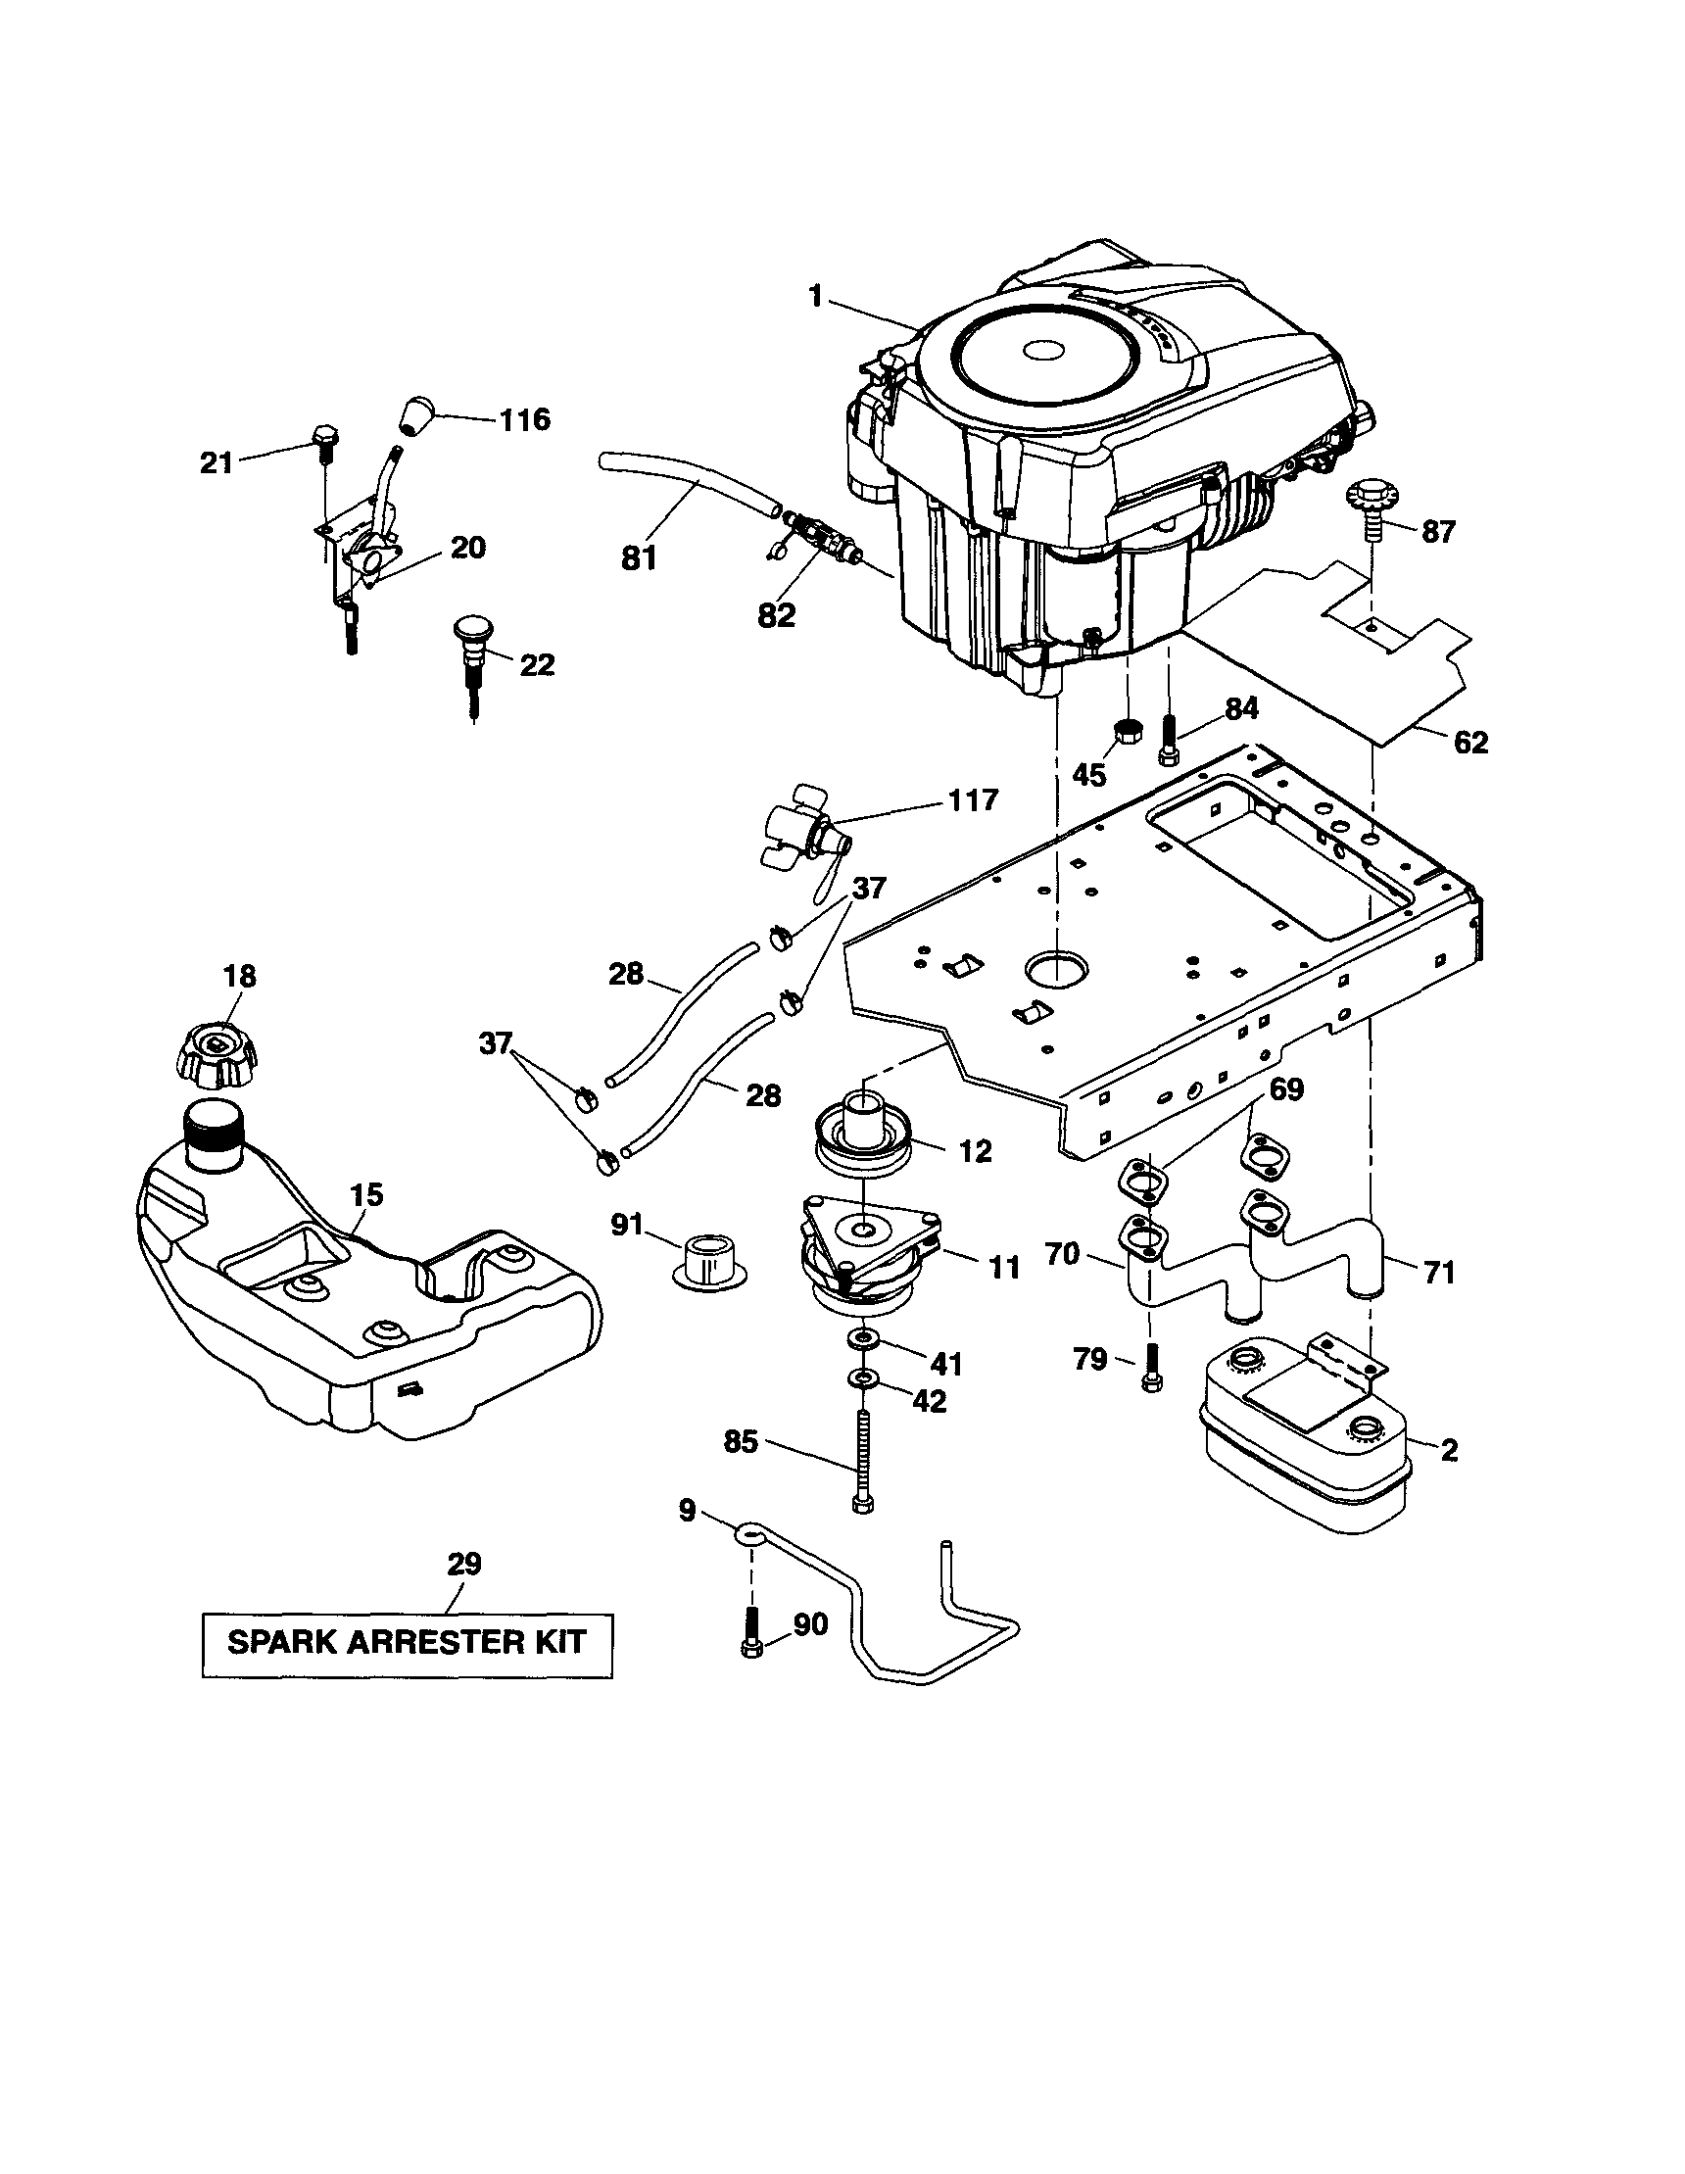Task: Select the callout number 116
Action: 524,419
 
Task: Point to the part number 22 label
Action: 537,665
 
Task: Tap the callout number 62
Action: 1470,742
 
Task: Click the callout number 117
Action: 973,799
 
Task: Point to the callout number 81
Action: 638,558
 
